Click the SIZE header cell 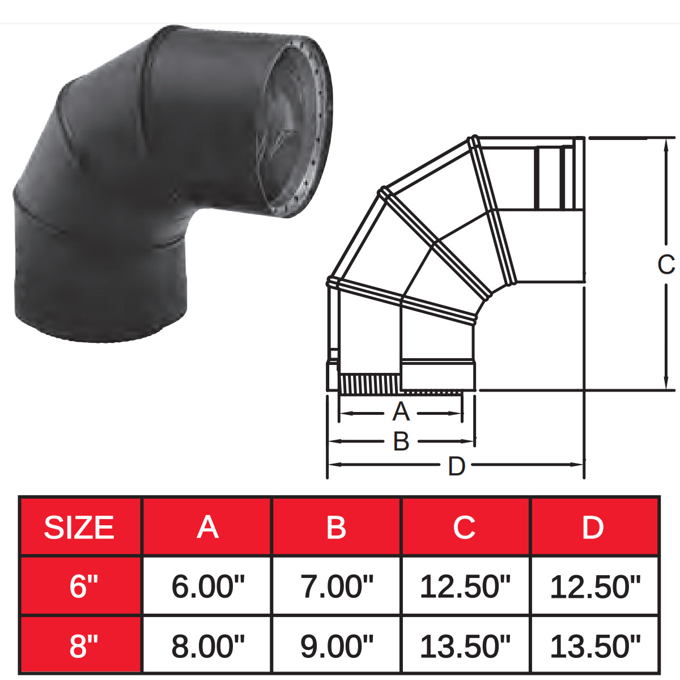click(79, 528)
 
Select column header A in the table click(207, 528)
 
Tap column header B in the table click(336, 528)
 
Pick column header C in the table click(464, 528)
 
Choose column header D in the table click(593, 528)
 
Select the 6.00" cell click(207, 586)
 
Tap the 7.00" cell click(336, 586)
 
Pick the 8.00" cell click(207, 645)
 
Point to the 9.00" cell click(336, 645)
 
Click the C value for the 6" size click(465, 586)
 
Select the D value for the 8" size click(594, 645)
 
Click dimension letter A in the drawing click(401, 412)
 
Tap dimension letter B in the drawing click(401, 441)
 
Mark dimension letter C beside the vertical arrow click(666, 265)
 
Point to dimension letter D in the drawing click(456, 466)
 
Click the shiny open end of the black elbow click(292, 127)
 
